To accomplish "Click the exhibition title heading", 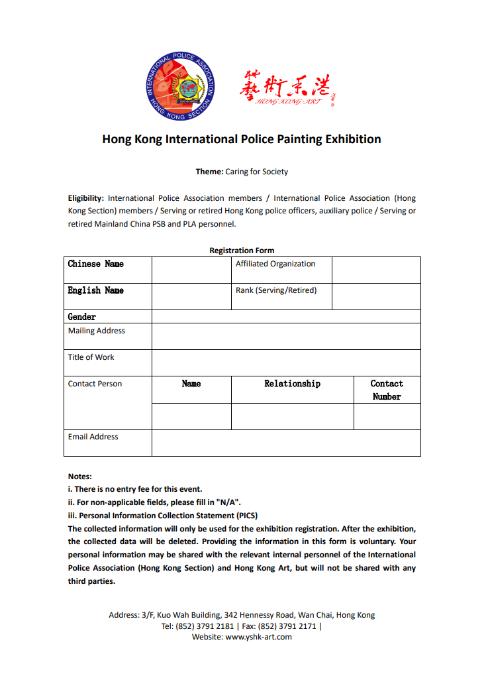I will [242, 139].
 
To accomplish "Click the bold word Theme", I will [209, 172].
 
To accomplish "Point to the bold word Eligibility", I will [85, 198].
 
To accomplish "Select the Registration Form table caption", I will [242, 251].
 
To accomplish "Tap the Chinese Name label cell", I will [95, 264].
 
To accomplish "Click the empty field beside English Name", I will [191, 296].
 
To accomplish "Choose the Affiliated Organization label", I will [275, 264].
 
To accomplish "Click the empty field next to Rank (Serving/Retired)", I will [376, 296].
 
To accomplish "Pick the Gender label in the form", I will [82, 317].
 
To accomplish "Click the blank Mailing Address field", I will [286, 336].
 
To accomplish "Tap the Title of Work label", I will [91, 357].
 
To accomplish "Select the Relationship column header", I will [292, 384].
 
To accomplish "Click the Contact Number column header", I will [387, 390].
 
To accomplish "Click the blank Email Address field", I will [286, 443].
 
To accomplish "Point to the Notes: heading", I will [79, 476].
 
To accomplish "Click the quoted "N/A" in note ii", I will [226, 502].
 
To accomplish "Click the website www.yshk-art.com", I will [258, 637].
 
